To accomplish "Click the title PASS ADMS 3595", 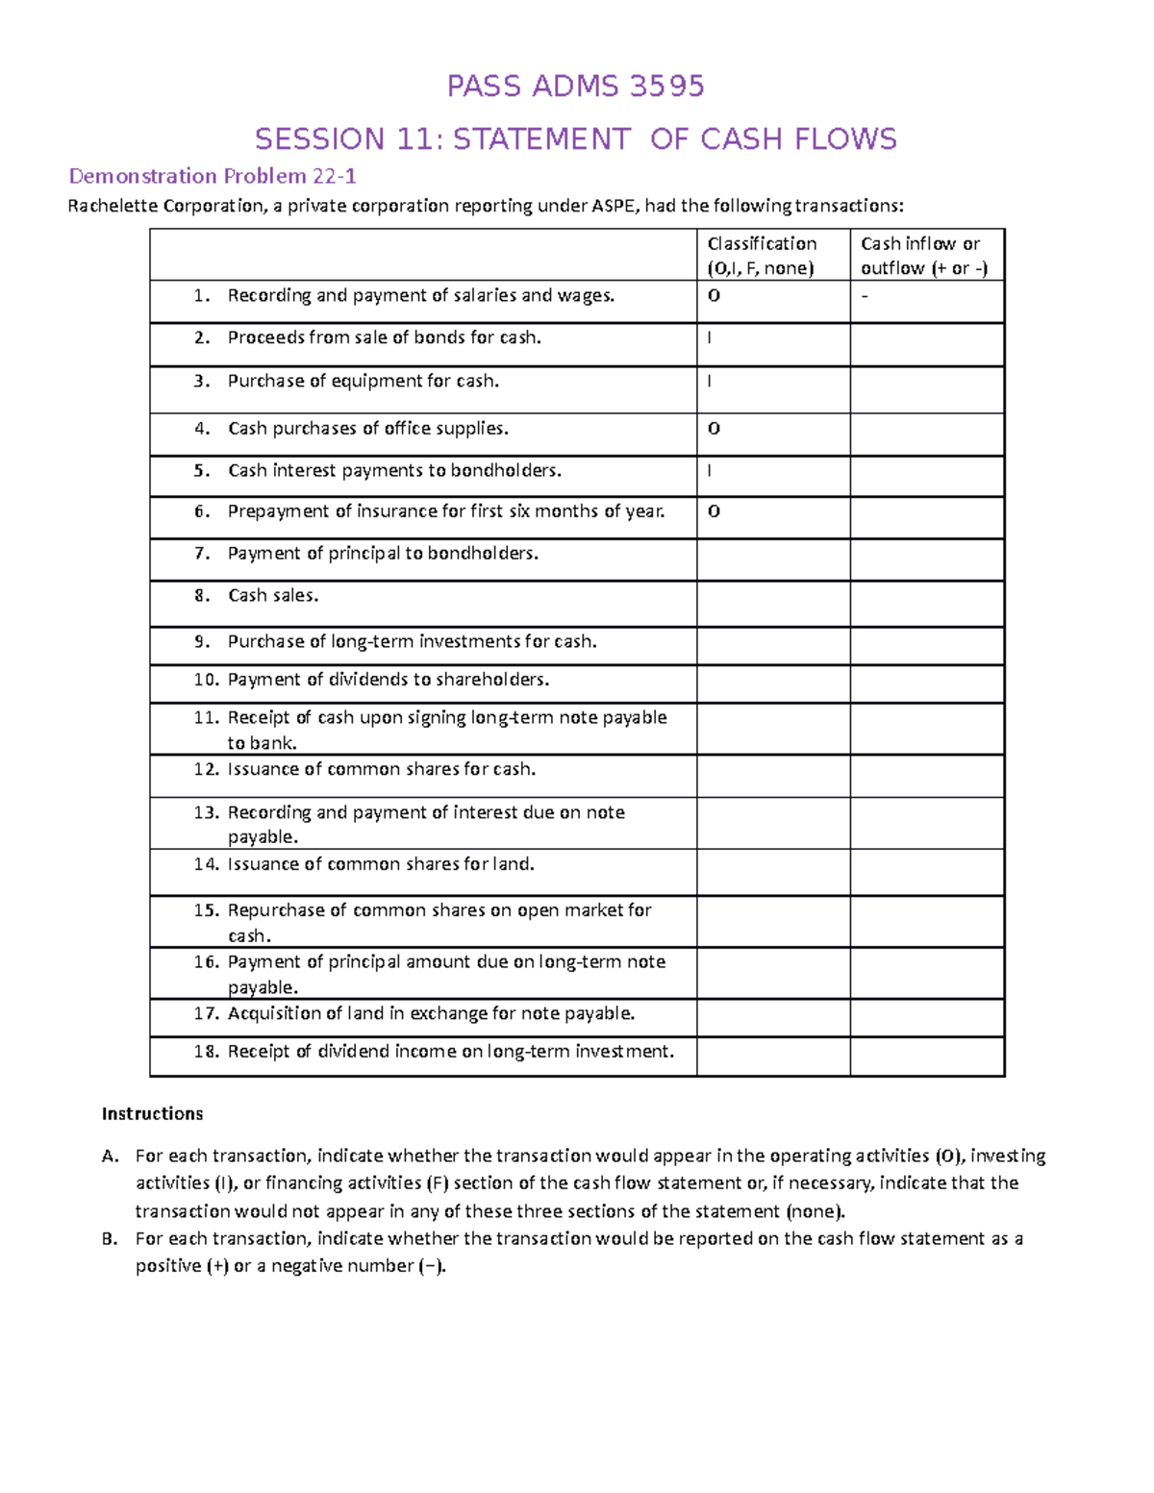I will [575, 87].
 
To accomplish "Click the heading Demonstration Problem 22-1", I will [212, 176].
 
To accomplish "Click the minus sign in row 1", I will [865, 296].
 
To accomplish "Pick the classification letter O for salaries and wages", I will [714, 296].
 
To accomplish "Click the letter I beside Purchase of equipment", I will [710, 381].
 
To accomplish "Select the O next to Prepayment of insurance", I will [714, 511].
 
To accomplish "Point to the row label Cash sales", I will [273, 596].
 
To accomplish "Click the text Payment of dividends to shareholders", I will [388, 680].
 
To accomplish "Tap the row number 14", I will [206, 864].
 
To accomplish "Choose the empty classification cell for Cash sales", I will [772, 603].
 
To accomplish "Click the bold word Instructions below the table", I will [152, 1114].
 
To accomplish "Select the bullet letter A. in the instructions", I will [110, 1157].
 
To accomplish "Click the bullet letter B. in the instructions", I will [110, 1239].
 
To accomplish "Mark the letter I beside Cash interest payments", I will [710, 471].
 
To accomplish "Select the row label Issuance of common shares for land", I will [380, 864].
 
